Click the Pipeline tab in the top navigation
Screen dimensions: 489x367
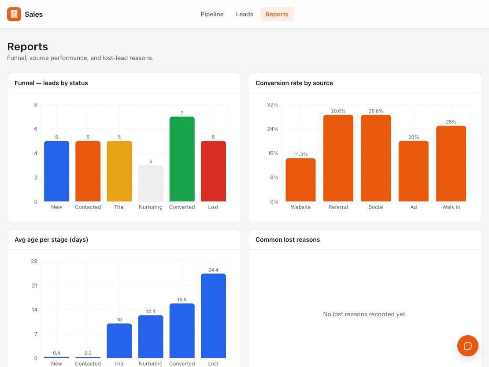212,14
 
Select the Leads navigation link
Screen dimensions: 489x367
244,14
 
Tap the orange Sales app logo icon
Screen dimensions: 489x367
14,14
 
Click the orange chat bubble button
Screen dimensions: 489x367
467,346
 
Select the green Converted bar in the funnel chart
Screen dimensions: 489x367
182,159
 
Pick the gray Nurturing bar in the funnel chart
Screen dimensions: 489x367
151,183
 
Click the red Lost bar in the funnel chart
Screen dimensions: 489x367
213,171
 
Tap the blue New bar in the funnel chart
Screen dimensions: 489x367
56,171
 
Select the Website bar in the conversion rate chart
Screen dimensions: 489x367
300,180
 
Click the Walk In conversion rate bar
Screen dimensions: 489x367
451,164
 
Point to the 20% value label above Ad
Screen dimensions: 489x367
414,137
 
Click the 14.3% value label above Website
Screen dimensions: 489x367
300,154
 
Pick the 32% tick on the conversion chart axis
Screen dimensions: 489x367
273,105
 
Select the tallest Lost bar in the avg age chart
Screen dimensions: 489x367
213,316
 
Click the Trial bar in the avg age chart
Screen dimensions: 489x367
119,341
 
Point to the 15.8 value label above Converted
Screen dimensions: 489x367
182,300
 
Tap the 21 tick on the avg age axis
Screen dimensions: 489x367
35,285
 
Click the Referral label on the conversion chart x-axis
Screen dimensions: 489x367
338,207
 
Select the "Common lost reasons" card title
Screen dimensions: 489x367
288,240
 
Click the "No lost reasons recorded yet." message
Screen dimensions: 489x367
365,314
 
